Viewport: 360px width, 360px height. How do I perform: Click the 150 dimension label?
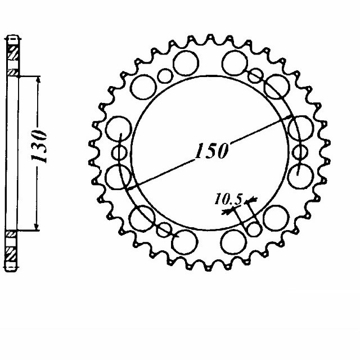point(211,151)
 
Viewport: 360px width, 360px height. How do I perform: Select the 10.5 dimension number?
point(228,199)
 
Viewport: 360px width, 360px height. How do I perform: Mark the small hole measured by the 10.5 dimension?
point(254,229)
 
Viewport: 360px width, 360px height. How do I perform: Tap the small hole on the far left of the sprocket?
point(120,152)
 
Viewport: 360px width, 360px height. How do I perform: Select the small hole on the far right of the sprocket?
point(299,152)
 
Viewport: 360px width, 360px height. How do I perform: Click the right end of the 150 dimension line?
point(291,117)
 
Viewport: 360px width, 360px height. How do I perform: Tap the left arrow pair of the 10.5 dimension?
point(229,211)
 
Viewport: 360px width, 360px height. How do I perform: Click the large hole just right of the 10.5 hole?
point(276,216)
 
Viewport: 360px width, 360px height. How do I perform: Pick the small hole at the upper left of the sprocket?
point(164,75)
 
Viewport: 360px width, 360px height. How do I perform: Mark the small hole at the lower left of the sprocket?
point(164,229)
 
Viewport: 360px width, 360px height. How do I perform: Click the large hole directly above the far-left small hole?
point(118,128)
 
